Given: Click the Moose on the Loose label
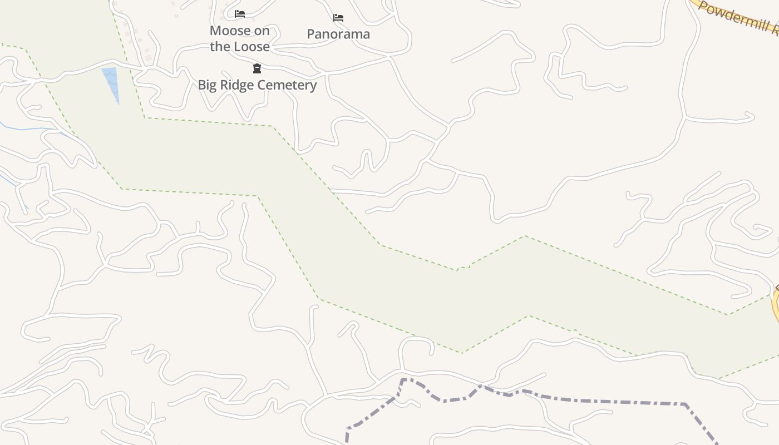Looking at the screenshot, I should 239,39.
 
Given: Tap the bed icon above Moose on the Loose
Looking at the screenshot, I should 240,14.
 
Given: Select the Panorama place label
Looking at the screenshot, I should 338,34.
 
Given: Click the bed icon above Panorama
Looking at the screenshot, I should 338,18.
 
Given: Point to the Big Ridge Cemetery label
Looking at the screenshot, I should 257,85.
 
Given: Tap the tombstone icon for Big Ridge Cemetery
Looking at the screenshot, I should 257,68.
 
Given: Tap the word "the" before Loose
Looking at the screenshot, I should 220,47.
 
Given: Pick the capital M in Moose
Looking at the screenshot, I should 215,31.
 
